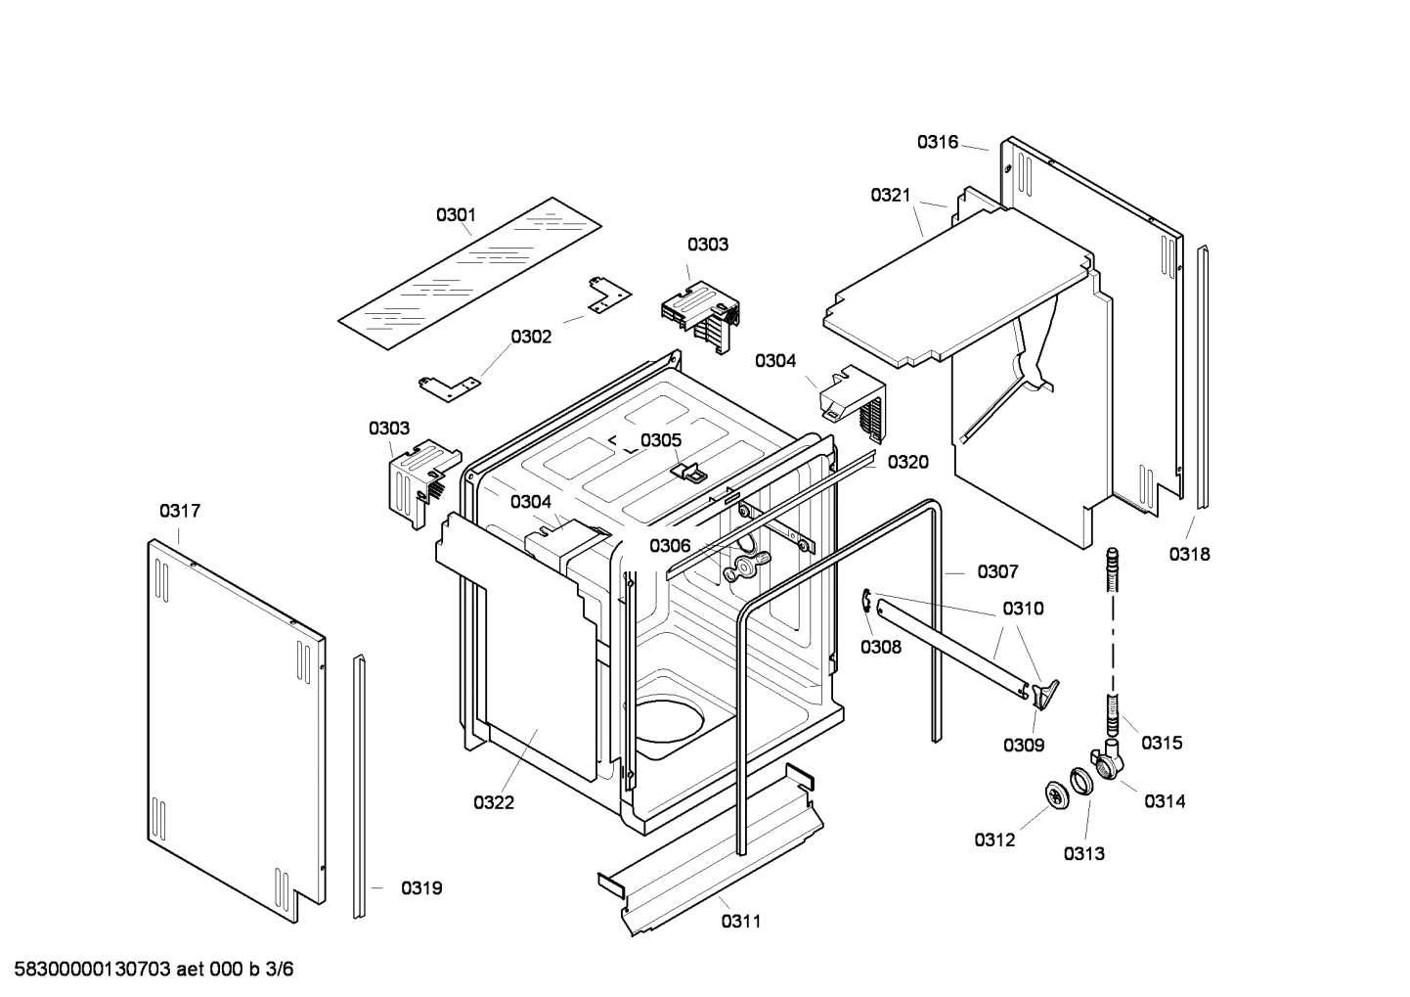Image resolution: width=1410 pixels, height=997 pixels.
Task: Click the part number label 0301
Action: point(456,214)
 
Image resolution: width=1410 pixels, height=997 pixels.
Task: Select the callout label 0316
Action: point(937,142)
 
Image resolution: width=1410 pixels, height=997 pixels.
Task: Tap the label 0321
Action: point(891,196)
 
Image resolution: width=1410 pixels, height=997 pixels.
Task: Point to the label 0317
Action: point(180,511)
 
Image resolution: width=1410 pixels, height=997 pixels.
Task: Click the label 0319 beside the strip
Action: point(421,888)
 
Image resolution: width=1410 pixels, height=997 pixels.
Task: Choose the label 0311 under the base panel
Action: point(741,921)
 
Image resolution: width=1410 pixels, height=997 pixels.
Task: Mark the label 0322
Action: point(494,802)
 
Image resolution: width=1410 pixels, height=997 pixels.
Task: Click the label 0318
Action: point(1189,554)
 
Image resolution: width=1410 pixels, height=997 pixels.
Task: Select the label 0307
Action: point(997,571)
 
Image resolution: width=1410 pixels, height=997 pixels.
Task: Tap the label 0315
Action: point(1162,743)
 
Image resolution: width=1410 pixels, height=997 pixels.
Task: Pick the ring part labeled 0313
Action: point(1081,782)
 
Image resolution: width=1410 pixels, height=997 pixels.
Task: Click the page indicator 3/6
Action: point(280,970)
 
